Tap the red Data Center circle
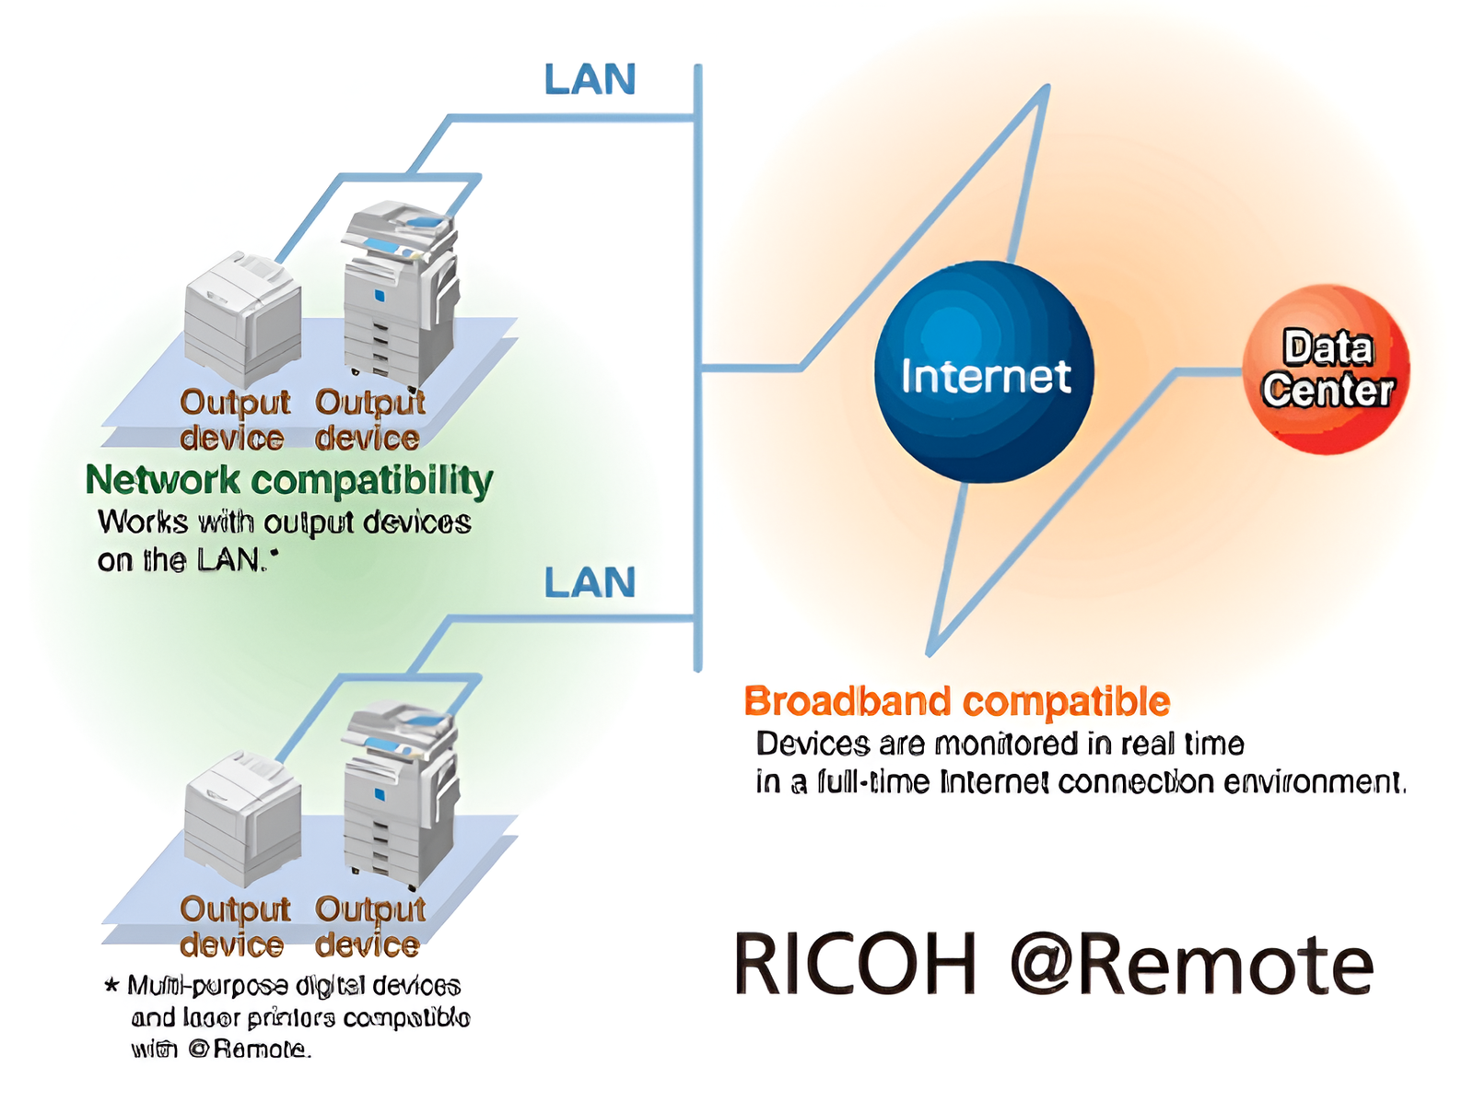coord(1326,369)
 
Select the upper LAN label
coord(590,80)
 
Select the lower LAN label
coord(590,583)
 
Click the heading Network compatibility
coord(288,480)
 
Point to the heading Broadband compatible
coord(956,702)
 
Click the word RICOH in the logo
coord(854,965)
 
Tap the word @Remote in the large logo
coord(1191,965)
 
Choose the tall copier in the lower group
coord(400,792)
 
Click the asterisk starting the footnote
coord(111,986)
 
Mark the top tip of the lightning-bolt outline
coord(1047,88)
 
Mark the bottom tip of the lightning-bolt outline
coord(930,653)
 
